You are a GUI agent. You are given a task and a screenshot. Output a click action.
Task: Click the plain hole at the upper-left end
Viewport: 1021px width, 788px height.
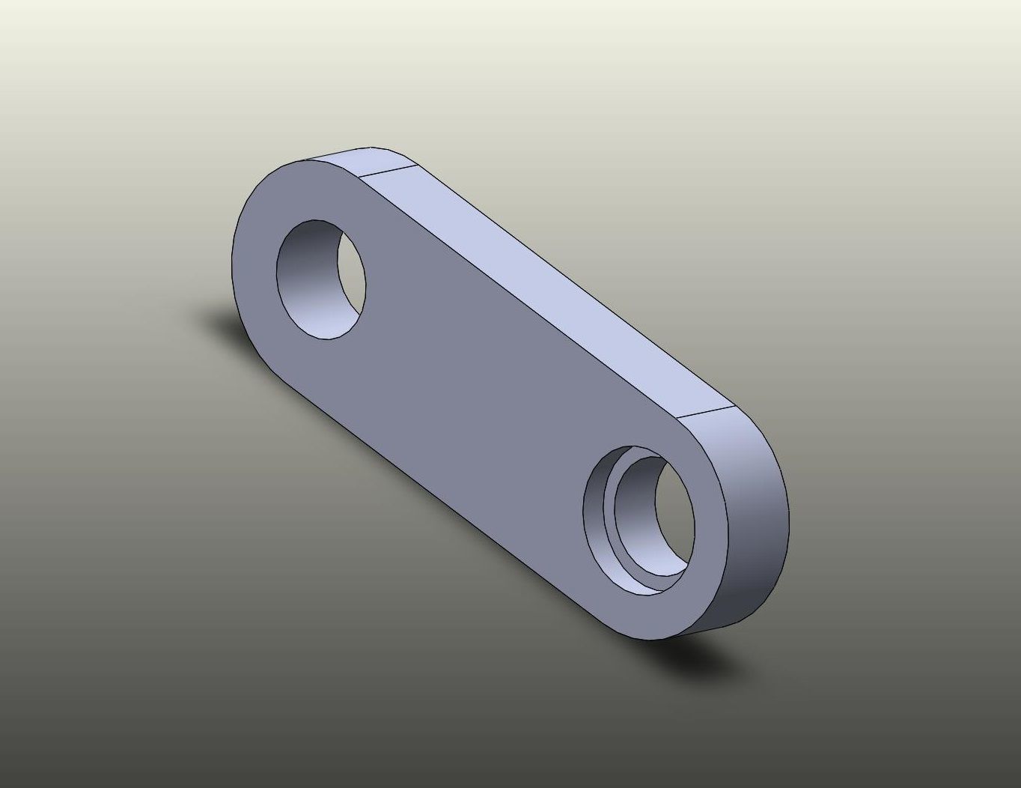click(x=321, y=279)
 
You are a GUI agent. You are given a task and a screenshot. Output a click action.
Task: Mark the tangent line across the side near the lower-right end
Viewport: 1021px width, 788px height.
click(x=707, y=413)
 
